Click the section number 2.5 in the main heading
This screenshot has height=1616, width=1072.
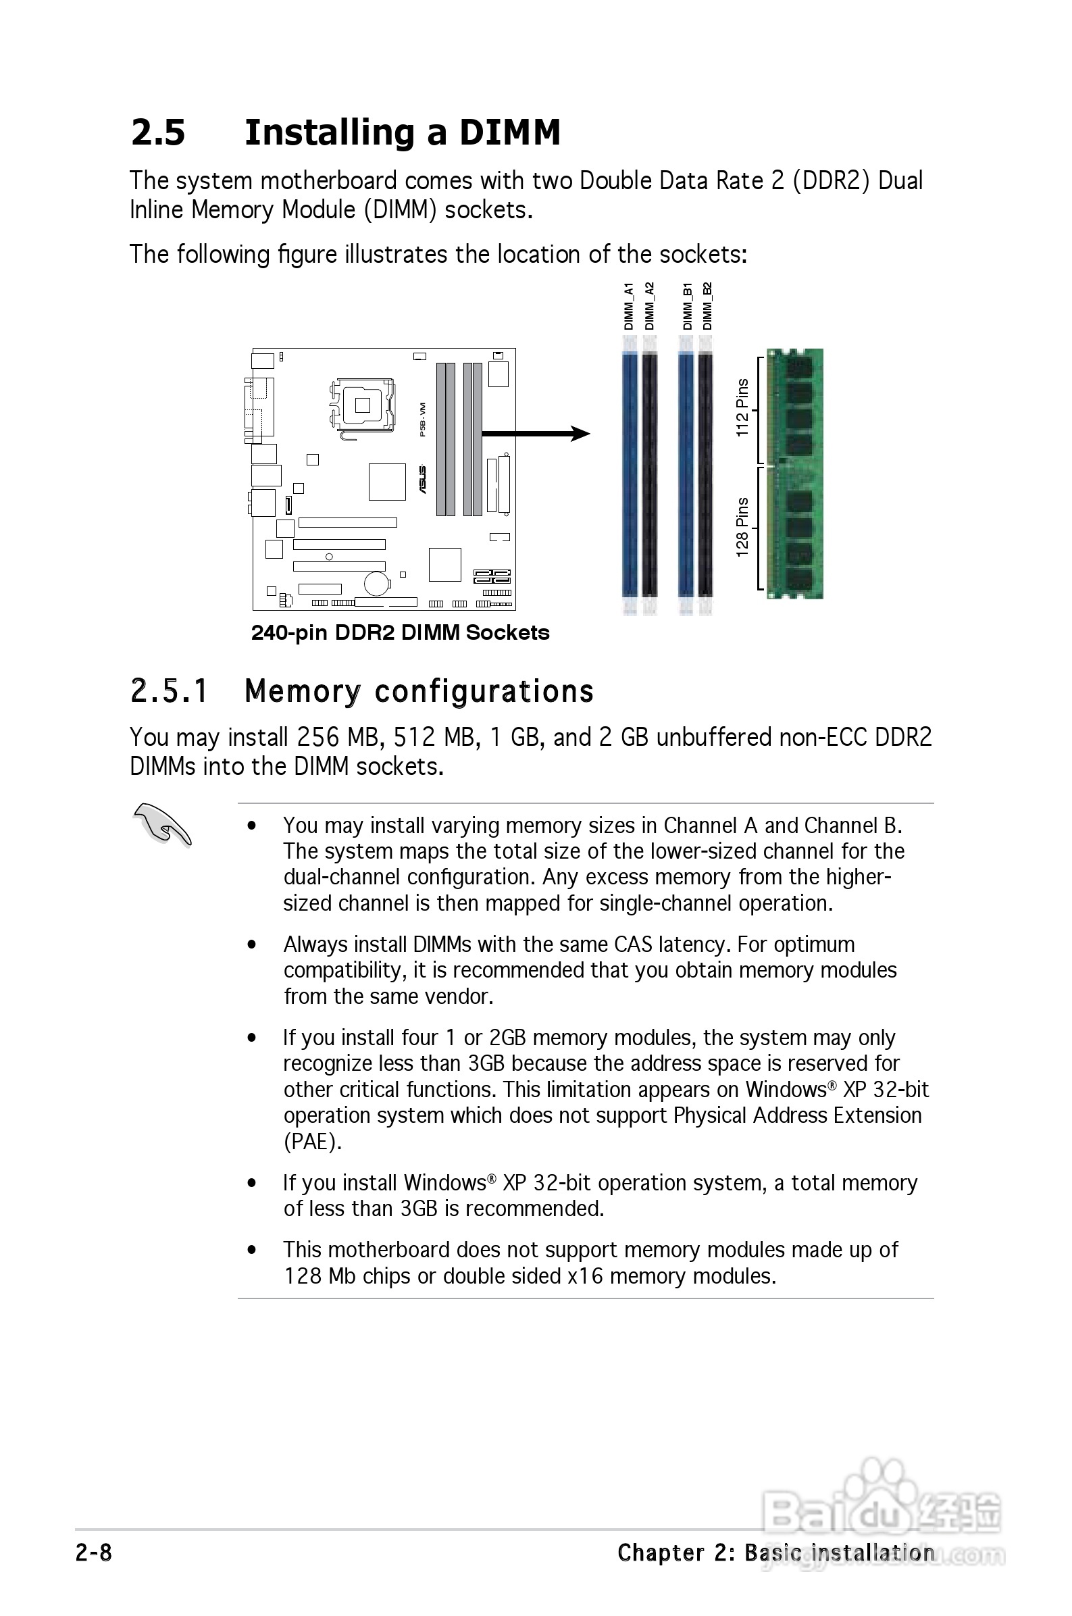158,132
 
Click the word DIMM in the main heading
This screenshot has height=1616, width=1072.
509,132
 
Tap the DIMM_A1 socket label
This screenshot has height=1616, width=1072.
628,307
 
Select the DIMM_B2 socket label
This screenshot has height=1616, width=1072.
707,307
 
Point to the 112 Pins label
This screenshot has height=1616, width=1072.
742,408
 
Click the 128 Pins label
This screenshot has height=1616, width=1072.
742,527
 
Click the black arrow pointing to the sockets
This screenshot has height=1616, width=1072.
536,434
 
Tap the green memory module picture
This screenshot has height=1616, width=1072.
795,474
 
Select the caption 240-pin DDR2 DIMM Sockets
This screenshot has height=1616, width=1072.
400,633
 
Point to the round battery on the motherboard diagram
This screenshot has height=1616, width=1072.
376,582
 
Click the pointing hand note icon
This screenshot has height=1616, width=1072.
162,825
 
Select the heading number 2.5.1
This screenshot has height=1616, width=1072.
168,691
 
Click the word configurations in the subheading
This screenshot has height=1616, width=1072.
484,691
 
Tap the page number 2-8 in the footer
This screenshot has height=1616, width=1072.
94,1553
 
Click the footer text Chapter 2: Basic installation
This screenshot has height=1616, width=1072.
775,1553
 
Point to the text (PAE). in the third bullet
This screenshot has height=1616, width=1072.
313,1142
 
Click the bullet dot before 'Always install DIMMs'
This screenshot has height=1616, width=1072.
252,944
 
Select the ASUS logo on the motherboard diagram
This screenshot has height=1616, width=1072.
422,479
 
